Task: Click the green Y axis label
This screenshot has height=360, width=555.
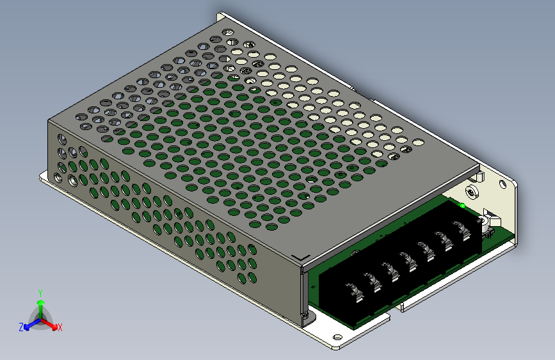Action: click(x=40, y=293)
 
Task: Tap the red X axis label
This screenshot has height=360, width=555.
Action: click(x=60, y=328)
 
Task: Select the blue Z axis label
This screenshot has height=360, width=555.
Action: click(x=21, y=327)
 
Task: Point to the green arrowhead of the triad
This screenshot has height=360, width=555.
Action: click(x=41, y=303)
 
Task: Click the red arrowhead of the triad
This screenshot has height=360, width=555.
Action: click(x=54, y=326)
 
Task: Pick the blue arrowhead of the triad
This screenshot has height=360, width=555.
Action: click(x=28, y=327)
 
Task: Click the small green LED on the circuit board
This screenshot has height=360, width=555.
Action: click(x=462, y=206)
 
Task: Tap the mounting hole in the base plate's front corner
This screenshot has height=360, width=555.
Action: click(x=337, y=338)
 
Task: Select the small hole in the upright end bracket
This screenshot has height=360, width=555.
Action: click(x=503, y=184)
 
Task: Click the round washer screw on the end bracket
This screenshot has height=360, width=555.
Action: click(x=472, y=192)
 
